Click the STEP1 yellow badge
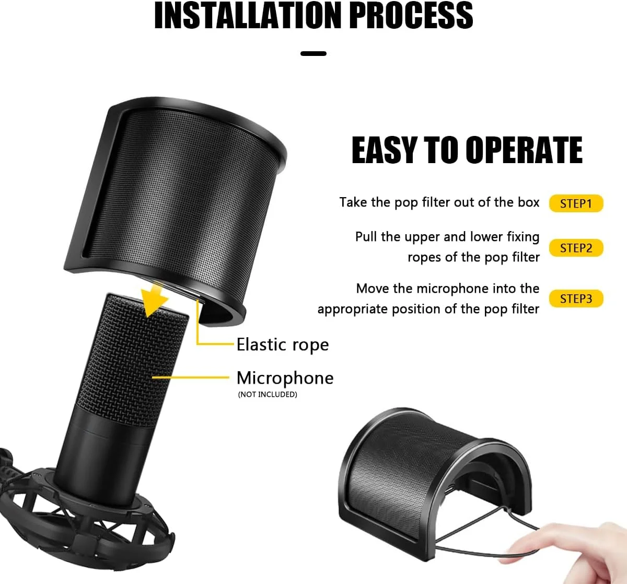(576, 203)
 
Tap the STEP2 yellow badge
(576, 248)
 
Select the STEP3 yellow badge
(576, 299)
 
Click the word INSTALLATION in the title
(248, 15)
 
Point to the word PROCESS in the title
(412, 15)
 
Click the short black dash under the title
(313, 53)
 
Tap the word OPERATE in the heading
(524, 150)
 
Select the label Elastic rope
(283, 345)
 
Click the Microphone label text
(285, 379)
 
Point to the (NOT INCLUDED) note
(268, 394)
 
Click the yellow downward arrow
(155, 299)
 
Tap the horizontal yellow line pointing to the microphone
(191, 377)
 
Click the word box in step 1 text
(528, 202)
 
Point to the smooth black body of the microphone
(101, 452)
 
